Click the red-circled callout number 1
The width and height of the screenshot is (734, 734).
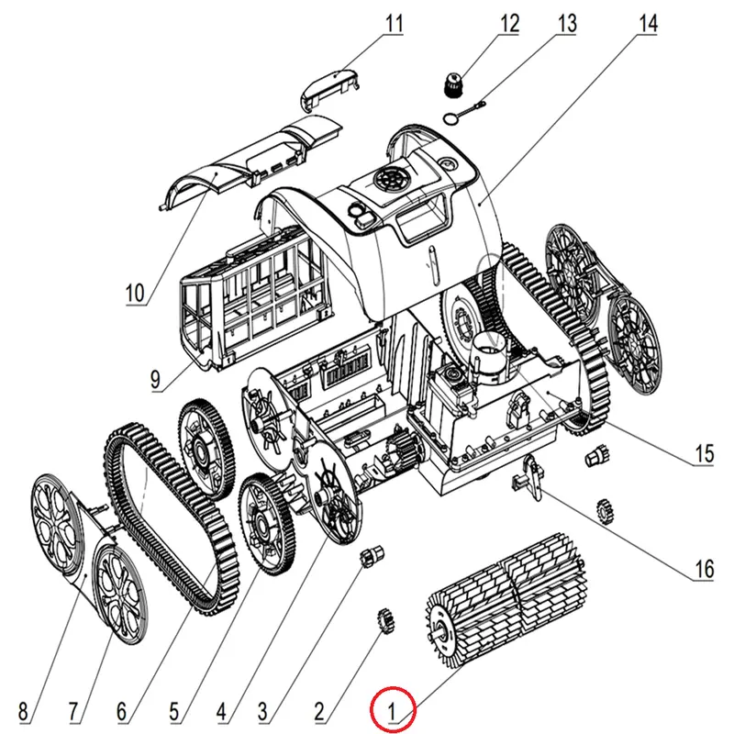(x=393, y=708)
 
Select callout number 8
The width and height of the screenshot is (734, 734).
(x=23, y=709)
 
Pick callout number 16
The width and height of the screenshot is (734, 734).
(x=703, y=569)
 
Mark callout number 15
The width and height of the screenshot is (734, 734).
(x=703, y=453)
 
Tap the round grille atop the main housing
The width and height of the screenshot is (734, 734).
(x=392, y=179)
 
